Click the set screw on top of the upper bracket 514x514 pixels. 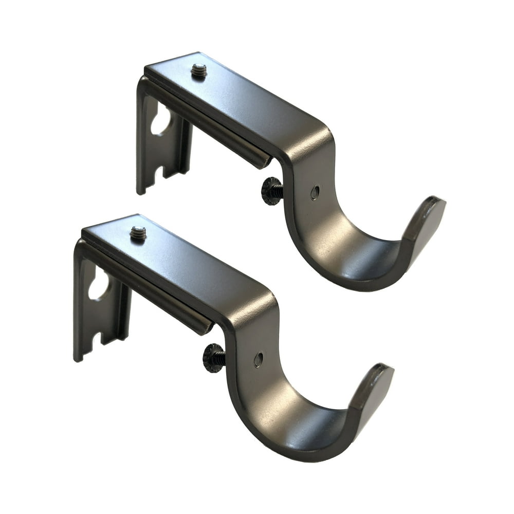[199, 71]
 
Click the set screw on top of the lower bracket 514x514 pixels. [138, 233]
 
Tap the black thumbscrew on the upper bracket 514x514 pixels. [271, 191]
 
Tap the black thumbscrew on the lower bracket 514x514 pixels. [213, 358]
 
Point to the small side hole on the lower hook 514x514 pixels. [258, 359]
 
